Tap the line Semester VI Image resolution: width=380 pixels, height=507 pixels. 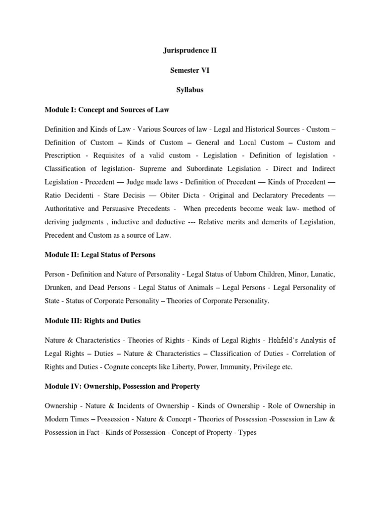[x=190, y=71]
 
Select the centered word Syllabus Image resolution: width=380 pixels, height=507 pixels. [x=190, y=91]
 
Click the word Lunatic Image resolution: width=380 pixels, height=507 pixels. [x=322, y=274]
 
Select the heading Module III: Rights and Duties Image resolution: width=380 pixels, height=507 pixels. [x=93, y=320]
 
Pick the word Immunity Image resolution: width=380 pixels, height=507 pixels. [x=237, y=367]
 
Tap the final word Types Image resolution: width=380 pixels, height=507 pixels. [x=247, y=432]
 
